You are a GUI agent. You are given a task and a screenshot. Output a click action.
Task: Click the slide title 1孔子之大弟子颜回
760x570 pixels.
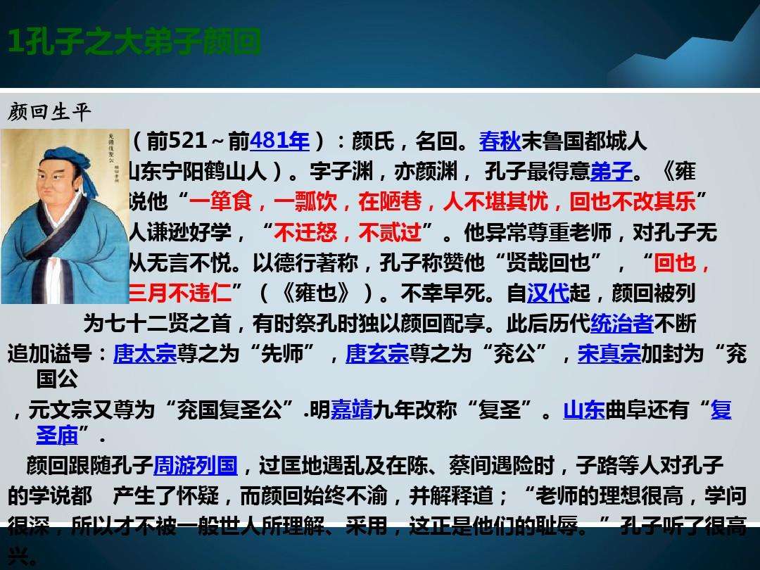click(x=134, y=43)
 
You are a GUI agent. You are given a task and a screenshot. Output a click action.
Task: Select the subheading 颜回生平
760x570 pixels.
click(x=50, y=112)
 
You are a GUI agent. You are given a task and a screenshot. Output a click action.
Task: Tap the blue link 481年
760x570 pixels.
click(x=279, y=141)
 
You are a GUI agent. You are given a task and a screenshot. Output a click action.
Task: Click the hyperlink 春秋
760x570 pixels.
click(x=500, y=141)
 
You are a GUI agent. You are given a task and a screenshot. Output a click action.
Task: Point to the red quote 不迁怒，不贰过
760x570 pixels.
click(x=348, y=232)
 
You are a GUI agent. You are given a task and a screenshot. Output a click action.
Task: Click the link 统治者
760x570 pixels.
click(x=622, y=323)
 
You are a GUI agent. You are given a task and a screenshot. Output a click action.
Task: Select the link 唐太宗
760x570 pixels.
click(x=145, y=353)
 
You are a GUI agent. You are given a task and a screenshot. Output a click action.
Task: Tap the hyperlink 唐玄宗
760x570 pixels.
click(x=377, y=353)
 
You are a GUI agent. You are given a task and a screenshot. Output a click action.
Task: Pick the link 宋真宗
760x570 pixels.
click(x=609, y=353)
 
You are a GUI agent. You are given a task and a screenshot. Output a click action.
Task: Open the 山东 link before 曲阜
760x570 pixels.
click(x=584, y=410)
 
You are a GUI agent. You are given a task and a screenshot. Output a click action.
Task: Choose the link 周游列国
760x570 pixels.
click(x=196, y=466)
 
